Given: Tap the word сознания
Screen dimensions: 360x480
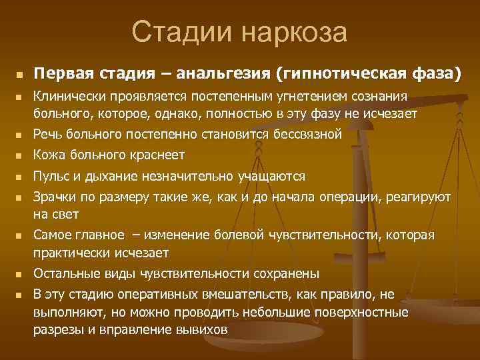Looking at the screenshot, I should click(x=377, y=99).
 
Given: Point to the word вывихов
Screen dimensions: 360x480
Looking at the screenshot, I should click(x=205, y=329).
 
